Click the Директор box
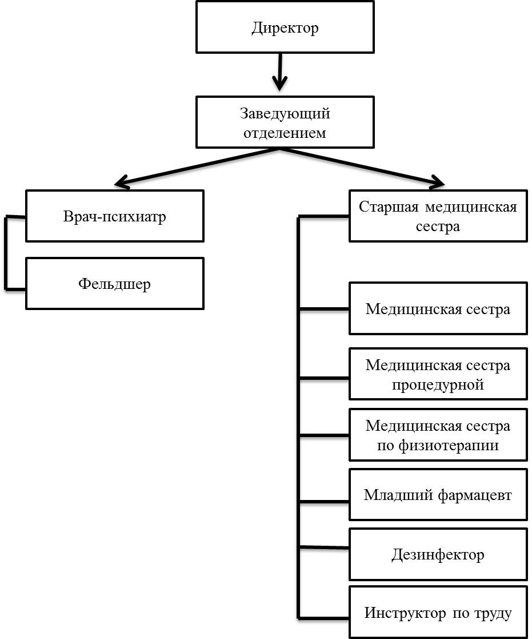[285, 27]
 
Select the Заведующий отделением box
[285, 122]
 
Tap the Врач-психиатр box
[115, 216]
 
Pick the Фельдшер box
[115, 283]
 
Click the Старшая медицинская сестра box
[438, 216]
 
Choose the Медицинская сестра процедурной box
[438, 374]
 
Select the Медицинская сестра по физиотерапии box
[438, 435]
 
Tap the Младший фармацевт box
[438, 494]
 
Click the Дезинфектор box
[438, 554]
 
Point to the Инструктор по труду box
[438, 612]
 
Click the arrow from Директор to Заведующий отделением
[280, 72]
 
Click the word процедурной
[438, 384]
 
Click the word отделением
[285, 133]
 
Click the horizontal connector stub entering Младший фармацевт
[324, 501]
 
